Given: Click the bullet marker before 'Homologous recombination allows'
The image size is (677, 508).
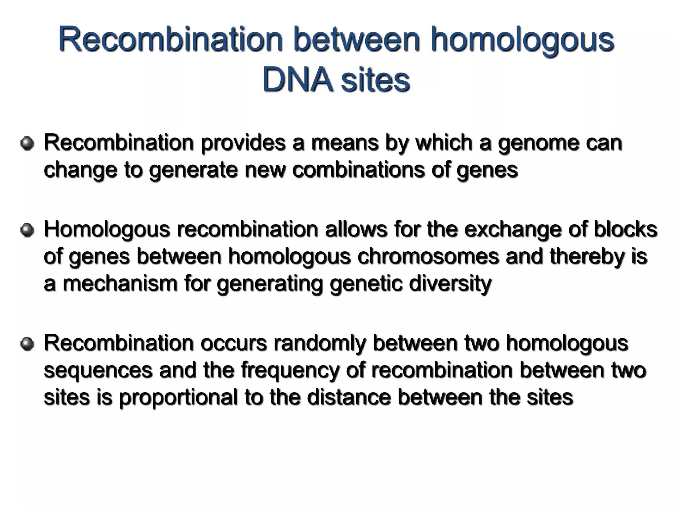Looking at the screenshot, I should click(x=27, y=230).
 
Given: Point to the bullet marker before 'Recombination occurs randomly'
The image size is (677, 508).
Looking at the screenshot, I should click(x=27, y=344).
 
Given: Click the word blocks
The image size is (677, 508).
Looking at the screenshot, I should click(x=625, y=229).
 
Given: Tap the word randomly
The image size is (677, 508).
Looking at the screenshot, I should click(x=320, y=344).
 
